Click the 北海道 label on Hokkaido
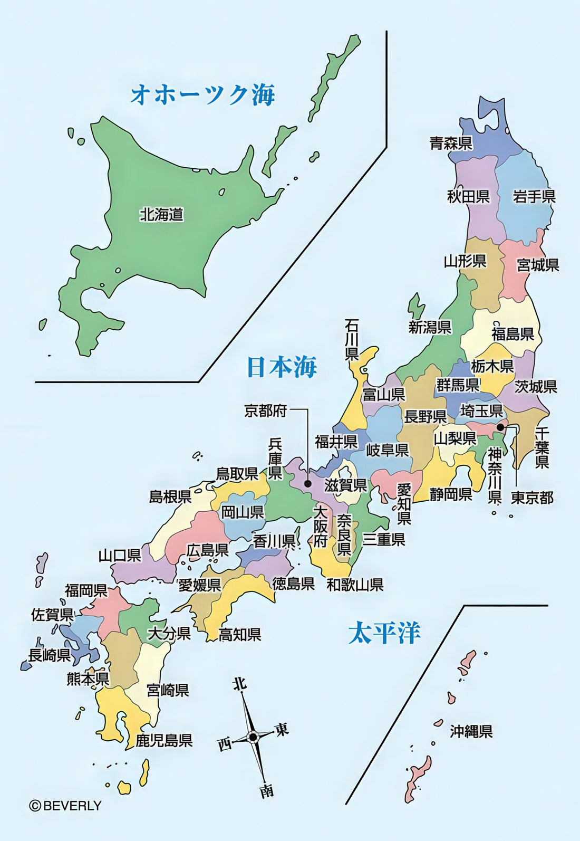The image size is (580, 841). (161, 215)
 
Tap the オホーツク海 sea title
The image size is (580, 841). (202, 95)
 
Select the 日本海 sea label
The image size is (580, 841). (282, 367)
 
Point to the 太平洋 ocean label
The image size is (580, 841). (384, 633)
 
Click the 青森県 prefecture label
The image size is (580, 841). (451, 144)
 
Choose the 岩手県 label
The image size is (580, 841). (534, 197)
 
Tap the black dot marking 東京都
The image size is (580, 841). (500, 427)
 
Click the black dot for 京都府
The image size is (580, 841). (308, 483)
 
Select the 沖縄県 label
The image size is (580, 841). (471, 732)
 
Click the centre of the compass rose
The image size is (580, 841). (253, 737)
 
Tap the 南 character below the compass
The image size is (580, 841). (267, 790)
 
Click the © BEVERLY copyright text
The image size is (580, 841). (65, 806)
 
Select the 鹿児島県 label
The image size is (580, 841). (164, 740)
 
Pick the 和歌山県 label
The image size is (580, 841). (355, 585)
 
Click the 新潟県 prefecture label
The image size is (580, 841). (430, 327)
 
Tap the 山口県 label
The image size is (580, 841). (120, 555)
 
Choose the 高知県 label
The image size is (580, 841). (240, 635)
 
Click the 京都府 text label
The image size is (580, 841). (265, 410)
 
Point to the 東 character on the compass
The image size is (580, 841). (282, 730)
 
